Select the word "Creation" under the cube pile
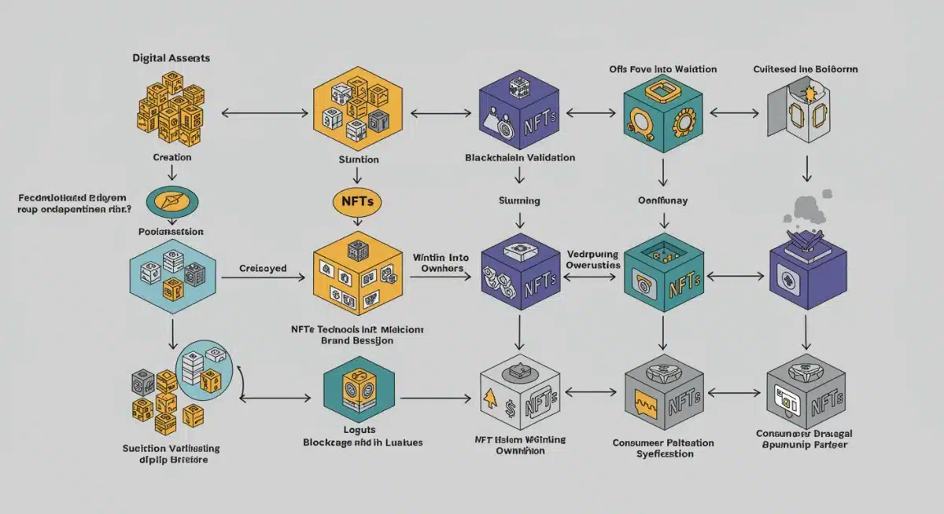click(x=172, y=157)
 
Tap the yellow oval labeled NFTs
click(x=358, y=201)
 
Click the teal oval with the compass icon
click(x=172, y=201)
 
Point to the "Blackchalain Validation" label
click(x=520, y=157)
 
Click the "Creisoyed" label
click(x=263, y=268)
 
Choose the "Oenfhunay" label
click(x=662, y=200)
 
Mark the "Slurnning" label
click(x=519, y=200)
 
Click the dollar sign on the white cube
click(x=511, y=406)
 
